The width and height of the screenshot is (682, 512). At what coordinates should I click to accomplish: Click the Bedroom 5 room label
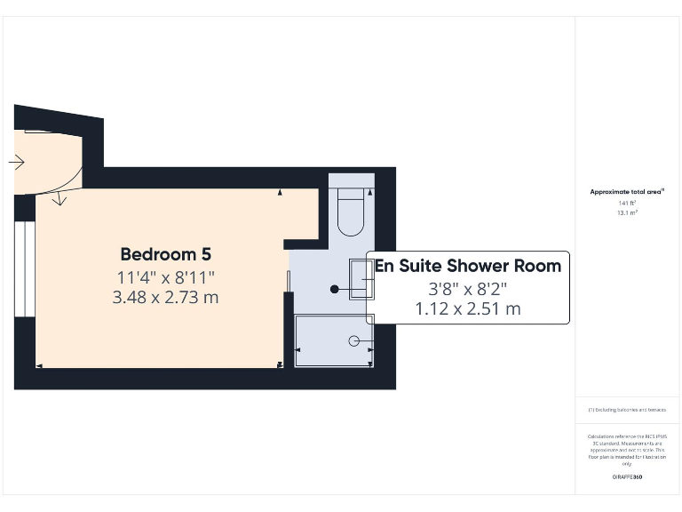(165, 254)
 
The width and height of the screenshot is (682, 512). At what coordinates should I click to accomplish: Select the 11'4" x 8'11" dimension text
(165, 276)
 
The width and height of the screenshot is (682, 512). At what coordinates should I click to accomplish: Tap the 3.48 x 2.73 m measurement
(165, 297)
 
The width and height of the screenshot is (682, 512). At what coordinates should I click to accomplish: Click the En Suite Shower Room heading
(468, 266)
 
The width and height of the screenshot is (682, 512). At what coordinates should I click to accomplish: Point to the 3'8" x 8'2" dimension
(468, 288)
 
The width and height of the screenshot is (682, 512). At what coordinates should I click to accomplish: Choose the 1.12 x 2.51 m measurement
(468, 308)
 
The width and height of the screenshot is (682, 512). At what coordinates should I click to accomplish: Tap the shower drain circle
(353, 340)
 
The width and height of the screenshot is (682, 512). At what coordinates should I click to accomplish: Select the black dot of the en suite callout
(335, 289)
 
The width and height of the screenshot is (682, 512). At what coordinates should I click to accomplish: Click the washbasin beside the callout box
(361, 278)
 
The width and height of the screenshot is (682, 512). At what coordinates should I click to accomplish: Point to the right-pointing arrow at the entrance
(16, 163)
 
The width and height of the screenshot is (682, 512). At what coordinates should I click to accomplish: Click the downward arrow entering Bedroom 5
(59, 197)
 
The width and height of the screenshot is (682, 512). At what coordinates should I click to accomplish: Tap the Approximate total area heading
(628, 191)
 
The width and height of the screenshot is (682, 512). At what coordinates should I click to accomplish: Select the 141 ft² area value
(627, 204)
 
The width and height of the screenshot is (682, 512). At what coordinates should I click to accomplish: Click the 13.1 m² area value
(627, 213)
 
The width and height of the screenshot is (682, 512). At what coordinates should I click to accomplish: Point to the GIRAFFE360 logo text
(627, 477)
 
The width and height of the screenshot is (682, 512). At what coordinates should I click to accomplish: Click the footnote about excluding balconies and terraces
(627, 410)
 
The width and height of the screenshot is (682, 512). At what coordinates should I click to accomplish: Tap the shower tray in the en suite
(334, 340)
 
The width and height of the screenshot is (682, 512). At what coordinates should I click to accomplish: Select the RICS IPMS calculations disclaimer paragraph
(627, 450)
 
